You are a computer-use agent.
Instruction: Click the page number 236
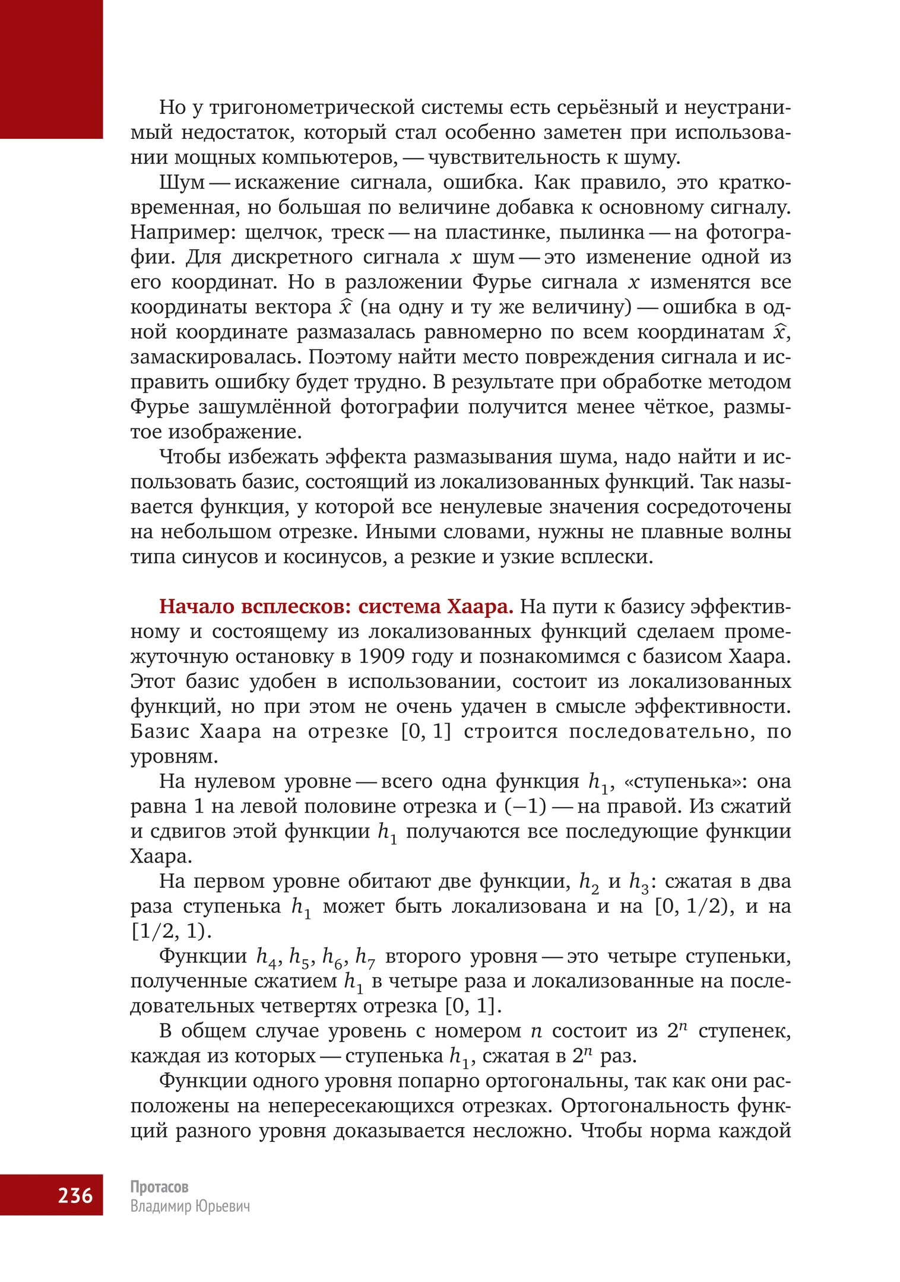click(75, 1194)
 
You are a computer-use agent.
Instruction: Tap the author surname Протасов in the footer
click(159, 1186)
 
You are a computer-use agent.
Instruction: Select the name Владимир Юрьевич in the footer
click(190, 1206)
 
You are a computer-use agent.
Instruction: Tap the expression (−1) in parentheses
click(525, 806)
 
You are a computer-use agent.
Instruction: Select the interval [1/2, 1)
click(171, 931)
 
